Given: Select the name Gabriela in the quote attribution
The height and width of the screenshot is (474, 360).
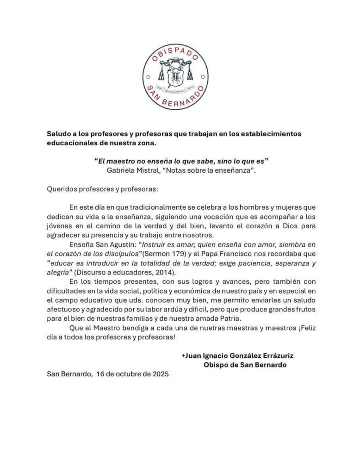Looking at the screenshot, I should pyautogui.click(x=121, y=170).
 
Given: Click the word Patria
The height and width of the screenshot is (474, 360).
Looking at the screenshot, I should pyautogui.click(x=229, y=318).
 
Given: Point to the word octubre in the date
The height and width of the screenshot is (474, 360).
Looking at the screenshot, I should pyautogui.click(x=132, y=374).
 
